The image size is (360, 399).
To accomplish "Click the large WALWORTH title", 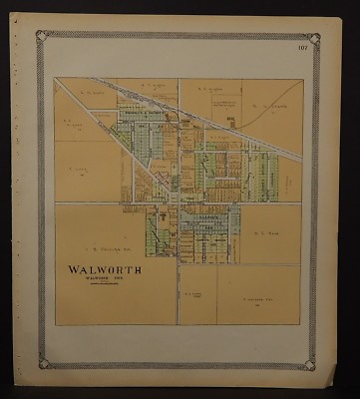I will pos(104,269).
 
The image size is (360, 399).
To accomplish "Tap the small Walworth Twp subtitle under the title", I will pos(104,279).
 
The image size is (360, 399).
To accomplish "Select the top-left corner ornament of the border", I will pos(43,37).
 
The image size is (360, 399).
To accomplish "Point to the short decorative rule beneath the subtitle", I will pos(104,285).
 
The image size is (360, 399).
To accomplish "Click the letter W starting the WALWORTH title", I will pos(73,269).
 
